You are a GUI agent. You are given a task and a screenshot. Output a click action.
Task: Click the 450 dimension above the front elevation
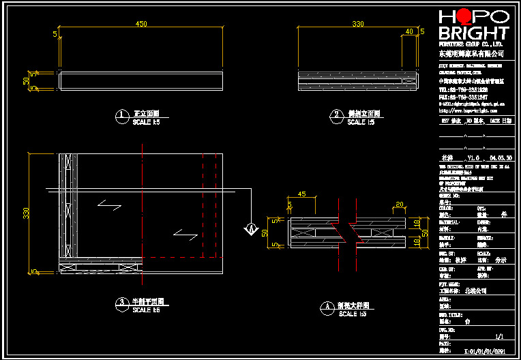141,24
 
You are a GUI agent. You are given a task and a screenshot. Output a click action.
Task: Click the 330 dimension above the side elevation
357,24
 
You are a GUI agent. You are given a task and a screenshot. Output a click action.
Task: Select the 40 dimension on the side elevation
409,31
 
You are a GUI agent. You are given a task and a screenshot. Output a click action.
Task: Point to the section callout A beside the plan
250,228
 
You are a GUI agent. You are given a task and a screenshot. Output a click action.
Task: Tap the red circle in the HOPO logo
464,16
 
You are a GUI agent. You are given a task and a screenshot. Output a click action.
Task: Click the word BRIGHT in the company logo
473,33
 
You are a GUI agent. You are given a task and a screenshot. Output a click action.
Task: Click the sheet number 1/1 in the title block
498,336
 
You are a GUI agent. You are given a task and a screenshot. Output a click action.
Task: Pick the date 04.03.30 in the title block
501,157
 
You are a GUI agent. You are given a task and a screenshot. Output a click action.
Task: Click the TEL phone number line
463,89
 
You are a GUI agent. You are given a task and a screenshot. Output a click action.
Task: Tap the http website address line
467,110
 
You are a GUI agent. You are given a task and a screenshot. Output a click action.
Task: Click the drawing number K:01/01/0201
484,351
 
